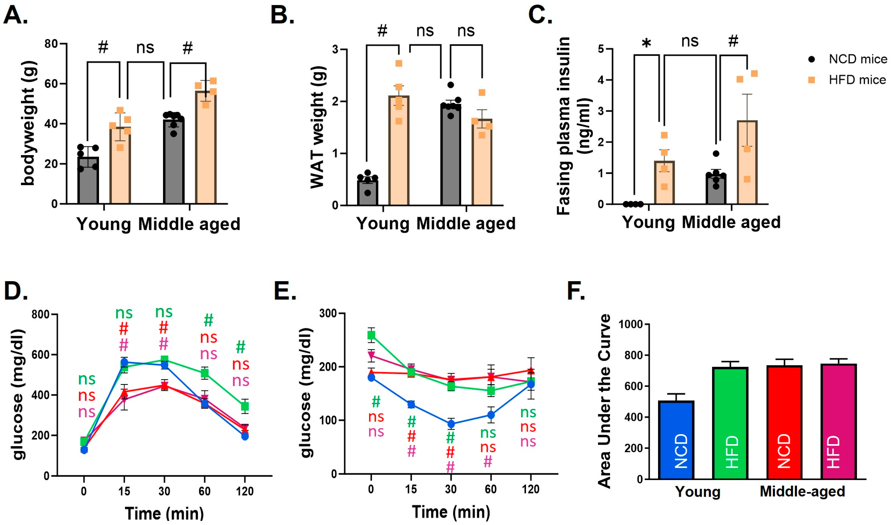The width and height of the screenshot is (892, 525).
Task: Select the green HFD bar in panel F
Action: [x=730, y=423]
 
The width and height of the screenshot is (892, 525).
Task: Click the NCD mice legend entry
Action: [x=850, y=59]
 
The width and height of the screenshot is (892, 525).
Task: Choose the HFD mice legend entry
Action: [x=850, y=80]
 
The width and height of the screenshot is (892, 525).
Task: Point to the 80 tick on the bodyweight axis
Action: [x=51, y=44]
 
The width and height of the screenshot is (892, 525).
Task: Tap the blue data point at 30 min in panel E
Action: [x=451, y=424]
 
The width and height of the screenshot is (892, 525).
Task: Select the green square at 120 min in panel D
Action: [x=245, y=406]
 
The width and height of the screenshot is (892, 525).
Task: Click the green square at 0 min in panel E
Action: [x=371, y=335]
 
